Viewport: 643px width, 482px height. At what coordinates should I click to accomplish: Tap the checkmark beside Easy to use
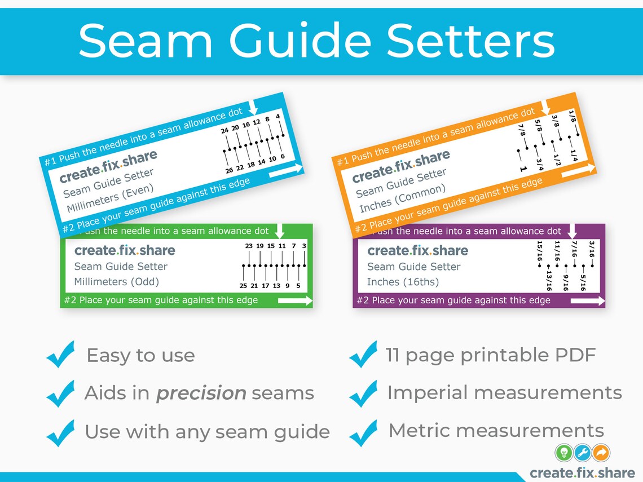[60, 355]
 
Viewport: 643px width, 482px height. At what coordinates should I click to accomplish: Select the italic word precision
[201, 393]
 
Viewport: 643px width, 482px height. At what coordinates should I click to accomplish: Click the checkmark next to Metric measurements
[363, 432]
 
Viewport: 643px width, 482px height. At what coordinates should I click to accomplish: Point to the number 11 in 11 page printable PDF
[393, 355]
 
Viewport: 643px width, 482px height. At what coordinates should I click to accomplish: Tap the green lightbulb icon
[563, 452]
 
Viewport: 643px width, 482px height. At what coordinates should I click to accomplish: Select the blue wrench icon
[583, 452]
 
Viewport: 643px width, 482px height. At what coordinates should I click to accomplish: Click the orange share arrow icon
[602, 452]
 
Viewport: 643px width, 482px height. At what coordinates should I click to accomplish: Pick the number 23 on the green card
[249, 246]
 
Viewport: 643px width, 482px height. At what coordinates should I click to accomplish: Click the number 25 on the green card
[243, 286]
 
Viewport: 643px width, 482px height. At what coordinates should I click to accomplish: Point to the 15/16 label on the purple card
[540, 251]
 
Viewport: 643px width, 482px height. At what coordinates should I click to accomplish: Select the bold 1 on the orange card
[523, 169]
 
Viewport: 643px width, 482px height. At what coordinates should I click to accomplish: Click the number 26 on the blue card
[229, 170]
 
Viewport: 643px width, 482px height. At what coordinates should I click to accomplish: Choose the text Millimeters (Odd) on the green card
[117, 282]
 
